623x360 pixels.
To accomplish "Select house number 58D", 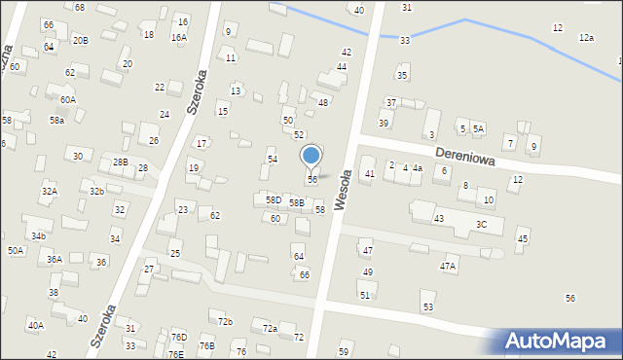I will (x=274, y=199).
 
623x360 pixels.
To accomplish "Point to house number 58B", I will (x=296, y=203).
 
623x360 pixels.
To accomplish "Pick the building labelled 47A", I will (x=448, y=266).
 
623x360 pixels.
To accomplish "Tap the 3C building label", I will (x=481, y=225).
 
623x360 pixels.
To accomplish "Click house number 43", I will (x=439, y=219).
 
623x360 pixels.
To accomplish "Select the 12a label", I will (x=586, y=37).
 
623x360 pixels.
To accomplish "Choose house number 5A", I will (x=478, y=128).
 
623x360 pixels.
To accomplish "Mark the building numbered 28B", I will (x=120, y=162).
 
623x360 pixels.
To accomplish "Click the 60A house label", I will (x=67, y=99).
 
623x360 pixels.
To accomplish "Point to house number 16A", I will (x=179, y=37).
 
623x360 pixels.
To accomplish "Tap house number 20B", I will (x=80, y=40).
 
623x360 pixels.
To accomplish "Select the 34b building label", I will (x=38, y=235).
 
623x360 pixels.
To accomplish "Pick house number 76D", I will (x=179, y=337).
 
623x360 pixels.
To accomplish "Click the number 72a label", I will (x=270, y=329).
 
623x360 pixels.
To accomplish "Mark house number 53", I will (x=427, y=307).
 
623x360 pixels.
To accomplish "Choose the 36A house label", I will (x=55, y=260).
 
